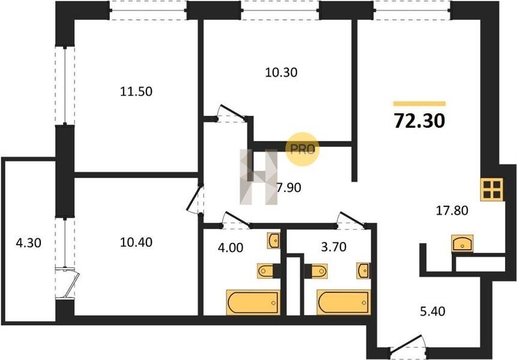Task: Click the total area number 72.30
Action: coord(419,121)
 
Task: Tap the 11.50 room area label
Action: coord(136,92)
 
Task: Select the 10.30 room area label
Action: coord(281,73)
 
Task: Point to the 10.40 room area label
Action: coord(136,242)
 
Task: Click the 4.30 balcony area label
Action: coord(29,243)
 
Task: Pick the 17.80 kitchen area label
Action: coord(452,210)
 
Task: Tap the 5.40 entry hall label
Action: coord(432,311)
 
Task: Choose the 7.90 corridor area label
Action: coord(289,188)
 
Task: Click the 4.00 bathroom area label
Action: coord(231,247)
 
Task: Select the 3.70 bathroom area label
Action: coord(334,247)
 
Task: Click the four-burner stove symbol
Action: coord(492,190)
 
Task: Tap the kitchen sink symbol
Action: coord(462,244)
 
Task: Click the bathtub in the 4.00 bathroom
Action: coord(253,302)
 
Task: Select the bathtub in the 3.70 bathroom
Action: coord(344,302)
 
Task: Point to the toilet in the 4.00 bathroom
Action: coord(266,271)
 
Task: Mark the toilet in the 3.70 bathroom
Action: coord(318,271)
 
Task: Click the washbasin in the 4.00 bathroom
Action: coord(274,241)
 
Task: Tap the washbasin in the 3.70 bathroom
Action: coord(363,271)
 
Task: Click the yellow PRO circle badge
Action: coord(303,149)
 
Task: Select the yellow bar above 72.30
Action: coord(419,104)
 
